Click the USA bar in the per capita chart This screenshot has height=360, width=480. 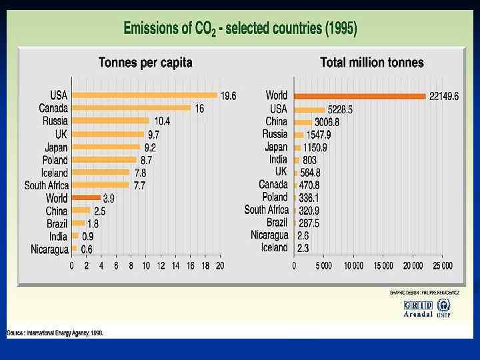(x=145, y=95)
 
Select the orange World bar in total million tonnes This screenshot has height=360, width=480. (x=359, y=96)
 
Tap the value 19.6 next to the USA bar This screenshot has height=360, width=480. (x=229, y=96)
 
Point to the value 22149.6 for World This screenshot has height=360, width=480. (x=443, y=97)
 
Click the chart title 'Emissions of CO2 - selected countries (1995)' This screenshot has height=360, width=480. (x=240, y=29)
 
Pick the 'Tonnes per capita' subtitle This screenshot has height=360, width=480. (x=145, y=63)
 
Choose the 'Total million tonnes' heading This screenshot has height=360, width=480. (x=371, y=63)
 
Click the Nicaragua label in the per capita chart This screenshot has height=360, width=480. (x=49, y=249)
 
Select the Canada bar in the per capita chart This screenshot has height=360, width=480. (x=131, y=108)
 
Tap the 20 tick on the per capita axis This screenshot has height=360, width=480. (x=220, y=265)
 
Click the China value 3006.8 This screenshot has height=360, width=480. (x=327, y=122)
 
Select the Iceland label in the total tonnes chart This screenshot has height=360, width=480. (x=274, y=247)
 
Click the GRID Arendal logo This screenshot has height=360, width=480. (x=418, y=309)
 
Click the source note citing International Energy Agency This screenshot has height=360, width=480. (x=55, y=332)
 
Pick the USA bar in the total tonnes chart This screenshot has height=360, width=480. (x=309, y=109)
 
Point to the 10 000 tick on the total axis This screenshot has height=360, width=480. (x=353, y=265)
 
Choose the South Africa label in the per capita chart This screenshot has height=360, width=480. (x=47, y=185)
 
